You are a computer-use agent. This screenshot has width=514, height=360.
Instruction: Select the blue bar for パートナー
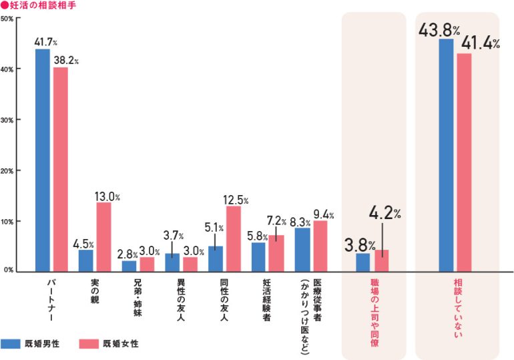43,160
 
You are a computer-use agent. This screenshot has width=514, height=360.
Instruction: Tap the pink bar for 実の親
103,237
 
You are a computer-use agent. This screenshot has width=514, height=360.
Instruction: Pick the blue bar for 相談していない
446,155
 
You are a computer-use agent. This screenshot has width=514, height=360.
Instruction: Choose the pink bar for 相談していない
464,162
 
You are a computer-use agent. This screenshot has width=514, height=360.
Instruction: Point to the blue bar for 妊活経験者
258,256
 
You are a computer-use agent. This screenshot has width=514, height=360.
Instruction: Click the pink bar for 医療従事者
320,246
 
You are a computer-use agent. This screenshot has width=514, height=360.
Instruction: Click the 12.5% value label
236,200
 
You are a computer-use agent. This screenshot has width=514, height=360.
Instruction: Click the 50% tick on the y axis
8,18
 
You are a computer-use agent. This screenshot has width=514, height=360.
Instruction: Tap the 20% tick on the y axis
8,171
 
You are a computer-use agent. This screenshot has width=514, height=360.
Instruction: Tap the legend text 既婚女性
121,344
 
